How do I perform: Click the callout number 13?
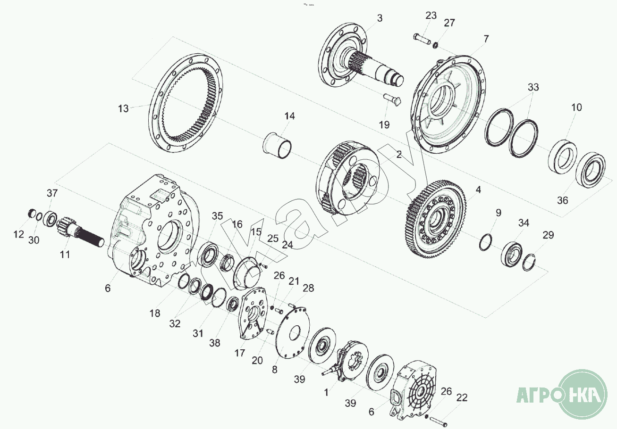pyautogui.click(x=123, y=108)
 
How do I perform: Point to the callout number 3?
pyautogui.click(x=380, y=18)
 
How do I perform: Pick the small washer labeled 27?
pyautogui.click(x=435, y=45)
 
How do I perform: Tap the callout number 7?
pyautogui.click(x=486, y=39)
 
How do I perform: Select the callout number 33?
pyautogui.click(x=533, y=87)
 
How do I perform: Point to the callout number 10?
pyautogui.click(x=576, y=107)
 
